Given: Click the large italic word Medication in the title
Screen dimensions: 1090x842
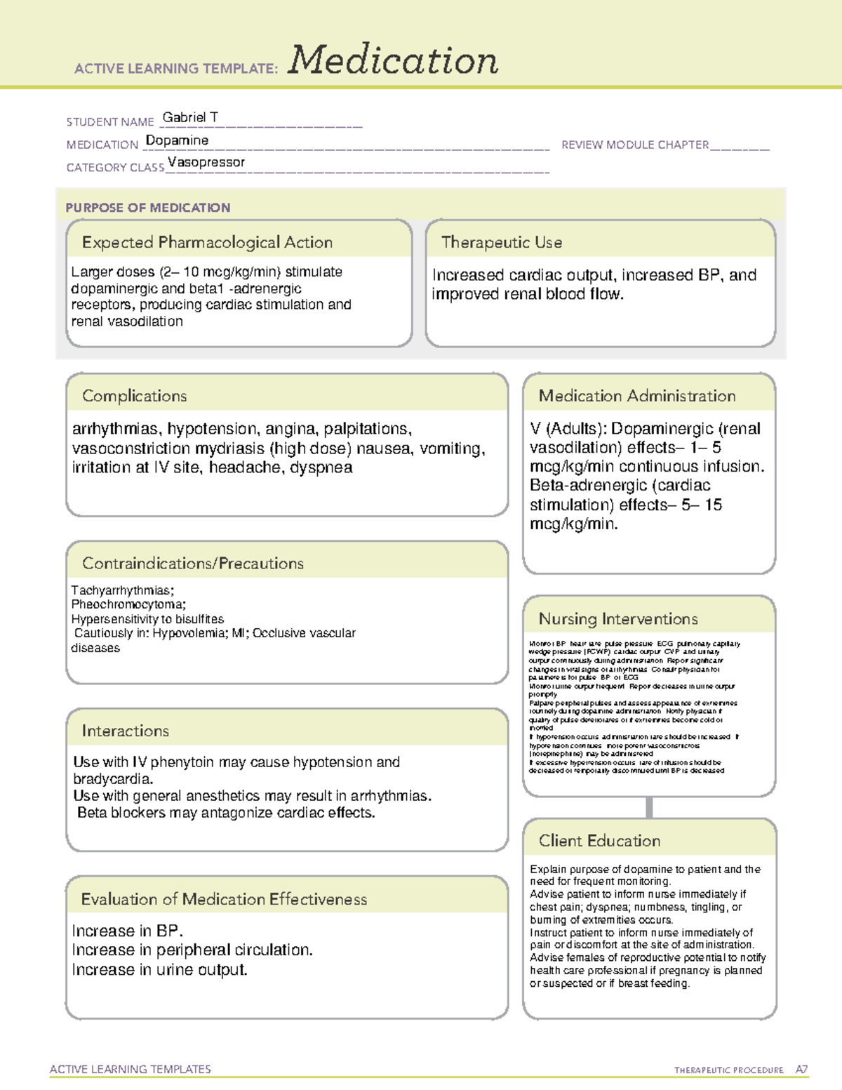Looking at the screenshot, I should [x=393, y=60].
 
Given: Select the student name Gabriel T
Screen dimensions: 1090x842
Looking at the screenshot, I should [x=190, y=117].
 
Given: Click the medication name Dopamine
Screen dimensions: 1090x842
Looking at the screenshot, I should [x=177, y=140].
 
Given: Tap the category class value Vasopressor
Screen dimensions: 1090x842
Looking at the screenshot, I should [x=206, y=162].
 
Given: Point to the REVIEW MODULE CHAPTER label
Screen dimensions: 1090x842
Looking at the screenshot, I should [x=635, y=145].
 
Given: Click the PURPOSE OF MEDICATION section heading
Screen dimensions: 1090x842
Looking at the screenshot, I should [x=147, y=208].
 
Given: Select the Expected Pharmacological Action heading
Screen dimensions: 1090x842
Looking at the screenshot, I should [x=207, y=242].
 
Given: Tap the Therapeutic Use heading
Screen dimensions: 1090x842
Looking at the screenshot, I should [x=501, y=242].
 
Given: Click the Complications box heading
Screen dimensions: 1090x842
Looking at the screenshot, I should [x=134, y=396].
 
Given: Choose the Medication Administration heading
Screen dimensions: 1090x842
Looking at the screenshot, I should [x=636, y=396].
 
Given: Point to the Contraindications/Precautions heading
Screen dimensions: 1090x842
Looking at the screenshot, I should [x=192, y=563].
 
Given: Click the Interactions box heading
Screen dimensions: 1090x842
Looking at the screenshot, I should [x=125, y=731].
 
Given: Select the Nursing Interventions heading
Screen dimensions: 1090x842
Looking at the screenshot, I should [x=617, y=618].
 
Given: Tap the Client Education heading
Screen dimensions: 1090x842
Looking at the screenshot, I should [x=599, y=840].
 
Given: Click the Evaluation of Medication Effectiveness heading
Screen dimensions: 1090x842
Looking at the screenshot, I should [x=224, y=899].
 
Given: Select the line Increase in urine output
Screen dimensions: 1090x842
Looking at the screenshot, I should [x=159, y=970].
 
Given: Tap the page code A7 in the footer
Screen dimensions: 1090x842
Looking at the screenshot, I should [x=801, y=1070].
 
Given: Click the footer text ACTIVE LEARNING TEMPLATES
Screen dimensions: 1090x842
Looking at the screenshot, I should [x=130, y=1069].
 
